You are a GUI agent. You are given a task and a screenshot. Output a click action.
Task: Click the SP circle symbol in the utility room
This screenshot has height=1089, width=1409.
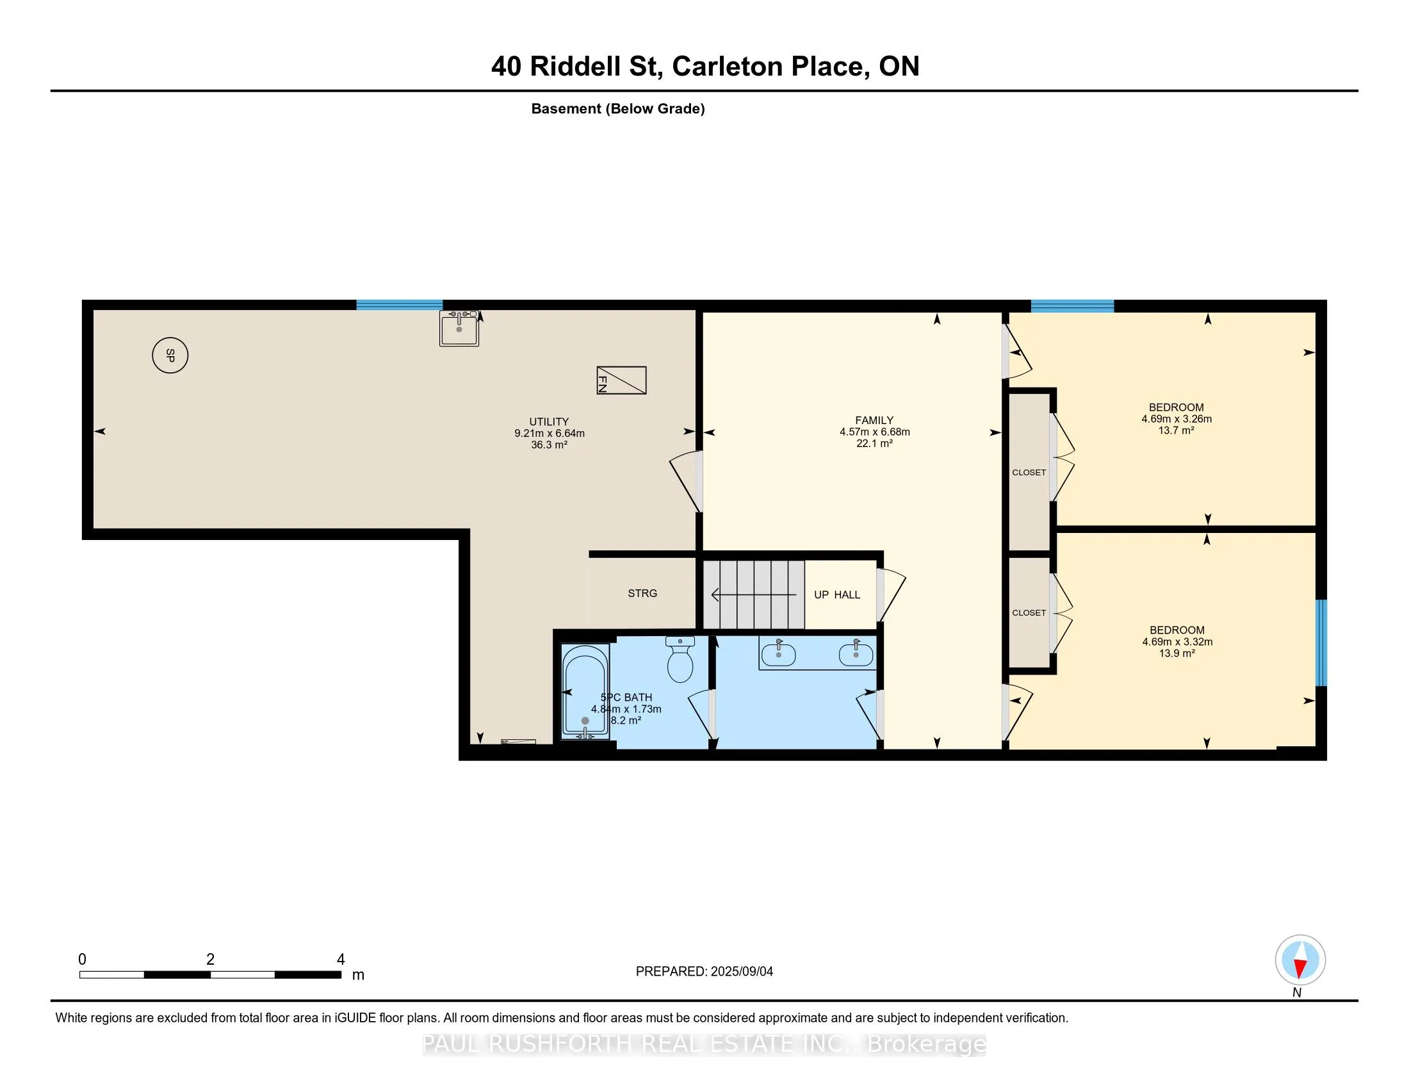click(x=170, y=355)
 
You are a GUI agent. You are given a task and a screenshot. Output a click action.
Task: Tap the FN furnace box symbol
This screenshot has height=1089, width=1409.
click(x=621, y=380)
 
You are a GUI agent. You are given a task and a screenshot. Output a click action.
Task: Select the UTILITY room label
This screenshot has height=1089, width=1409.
click(x=549, y=422)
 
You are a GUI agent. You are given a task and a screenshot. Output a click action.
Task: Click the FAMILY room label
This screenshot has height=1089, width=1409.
click(x=874, y=421)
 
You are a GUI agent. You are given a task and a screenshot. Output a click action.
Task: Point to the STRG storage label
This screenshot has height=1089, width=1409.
click(x=642, y=594)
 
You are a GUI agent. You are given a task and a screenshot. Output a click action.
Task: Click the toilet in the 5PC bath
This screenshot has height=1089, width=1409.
click(x=680, y=659)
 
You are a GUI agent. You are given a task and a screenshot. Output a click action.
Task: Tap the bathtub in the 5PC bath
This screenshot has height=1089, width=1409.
click(x=585, y=691)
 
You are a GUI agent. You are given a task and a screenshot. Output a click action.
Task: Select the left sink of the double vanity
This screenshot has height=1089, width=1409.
click(x=779, y=653)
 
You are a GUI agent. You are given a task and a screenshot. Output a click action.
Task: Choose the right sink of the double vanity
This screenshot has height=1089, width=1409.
click(x=856, y=653)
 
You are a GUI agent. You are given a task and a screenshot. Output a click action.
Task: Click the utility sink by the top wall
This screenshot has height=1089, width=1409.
click(x=459, y=329)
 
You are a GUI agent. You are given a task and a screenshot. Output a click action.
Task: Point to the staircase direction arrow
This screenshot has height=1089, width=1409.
click(x=753, y=595)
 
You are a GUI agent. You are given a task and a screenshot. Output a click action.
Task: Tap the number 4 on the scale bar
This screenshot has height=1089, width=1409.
click(x=341, y=960)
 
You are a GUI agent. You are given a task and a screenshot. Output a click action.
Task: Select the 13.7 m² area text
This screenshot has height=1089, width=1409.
click(x=1176, y=430)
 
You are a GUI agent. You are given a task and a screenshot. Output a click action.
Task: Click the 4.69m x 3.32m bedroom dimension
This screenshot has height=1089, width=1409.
click(x=1177, y=642)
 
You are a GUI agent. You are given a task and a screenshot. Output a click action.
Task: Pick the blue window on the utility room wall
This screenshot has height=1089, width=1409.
click(x=400, y=305)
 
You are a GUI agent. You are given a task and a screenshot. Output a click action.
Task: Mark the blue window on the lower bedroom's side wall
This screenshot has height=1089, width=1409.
click(x=1321, y=643)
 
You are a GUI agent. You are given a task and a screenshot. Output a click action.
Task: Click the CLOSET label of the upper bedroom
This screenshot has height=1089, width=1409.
click(x=1029, y=472)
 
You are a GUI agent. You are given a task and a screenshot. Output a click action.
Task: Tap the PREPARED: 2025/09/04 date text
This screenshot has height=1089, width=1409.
click(x=704, y=972)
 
